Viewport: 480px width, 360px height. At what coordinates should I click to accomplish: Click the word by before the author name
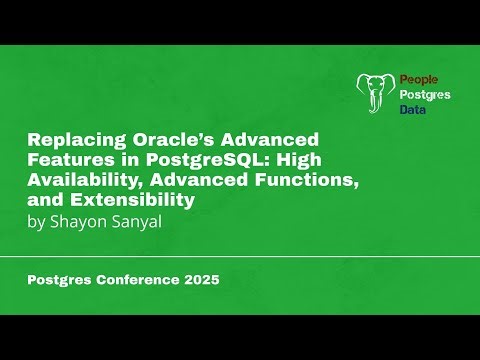36,221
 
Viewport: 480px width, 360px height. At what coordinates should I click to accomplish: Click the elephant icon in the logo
376,93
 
